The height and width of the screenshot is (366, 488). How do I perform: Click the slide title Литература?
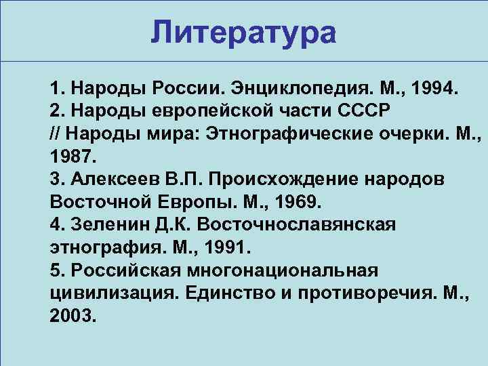coord(243,31)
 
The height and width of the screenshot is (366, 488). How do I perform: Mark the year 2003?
coord(71,317)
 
